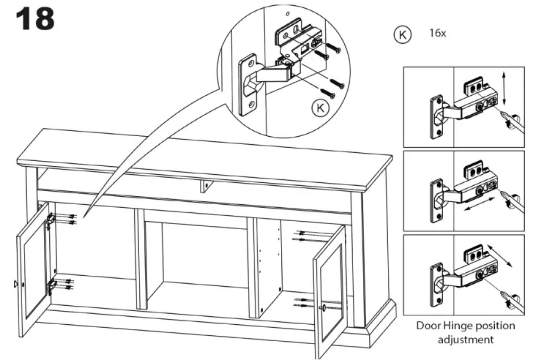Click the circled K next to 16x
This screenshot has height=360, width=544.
403,34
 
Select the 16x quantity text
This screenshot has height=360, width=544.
439,33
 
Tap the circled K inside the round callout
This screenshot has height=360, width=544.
320,108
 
